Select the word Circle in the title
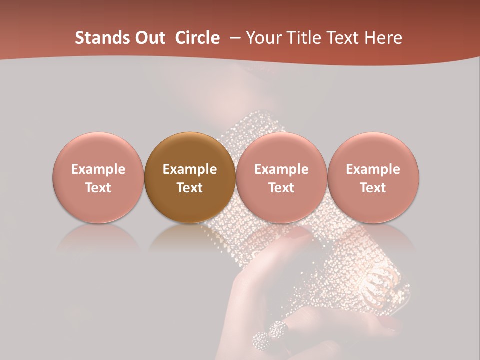tap(197, 38)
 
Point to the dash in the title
tap(234, 38)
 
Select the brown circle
tap(189, 177)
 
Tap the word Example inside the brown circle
tap(190, 169)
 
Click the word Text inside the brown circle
tap(190, 188)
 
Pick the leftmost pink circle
tap(98, 177)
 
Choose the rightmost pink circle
tap(373, 177)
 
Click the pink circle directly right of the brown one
tap(281, 177)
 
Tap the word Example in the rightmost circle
tap(373, 169)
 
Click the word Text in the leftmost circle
tap(98, 188)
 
